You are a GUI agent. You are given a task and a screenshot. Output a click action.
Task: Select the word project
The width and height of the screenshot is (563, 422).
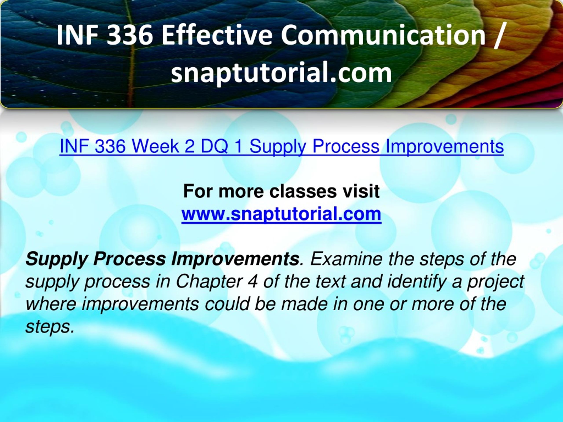(x=495, y=281)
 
